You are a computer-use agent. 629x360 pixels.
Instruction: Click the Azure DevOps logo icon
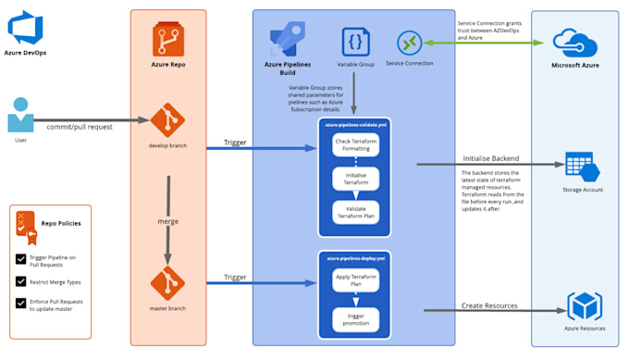tap(25, 28)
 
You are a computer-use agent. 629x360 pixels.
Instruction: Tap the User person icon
tap(20, 117)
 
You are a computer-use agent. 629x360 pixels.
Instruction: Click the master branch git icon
tap(167, 282)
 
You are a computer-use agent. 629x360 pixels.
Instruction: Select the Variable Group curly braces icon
tap(356, 42)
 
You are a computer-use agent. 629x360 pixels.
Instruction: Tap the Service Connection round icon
tap(410, 43)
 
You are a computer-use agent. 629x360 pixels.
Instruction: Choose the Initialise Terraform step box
tap(356, 179)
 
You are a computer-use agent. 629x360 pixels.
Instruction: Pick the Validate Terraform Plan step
tap(356, 212)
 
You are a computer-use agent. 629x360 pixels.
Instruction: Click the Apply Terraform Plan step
tap(356, 279)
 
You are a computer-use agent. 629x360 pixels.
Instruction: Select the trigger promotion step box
tap(356, 318)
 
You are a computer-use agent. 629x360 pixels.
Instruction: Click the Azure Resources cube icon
tap(585, 306)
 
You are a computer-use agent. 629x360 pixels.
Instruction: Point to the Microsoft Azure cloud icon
tap(576, 42)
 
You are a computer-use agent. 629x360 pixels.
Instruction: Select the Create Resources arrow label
tap(490, 305)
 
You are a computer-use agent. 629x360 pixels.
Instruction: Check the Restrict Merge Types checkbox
tap(21, 280)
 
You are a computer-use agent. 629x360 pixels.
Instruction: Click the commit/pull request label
tap(80, 126)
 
